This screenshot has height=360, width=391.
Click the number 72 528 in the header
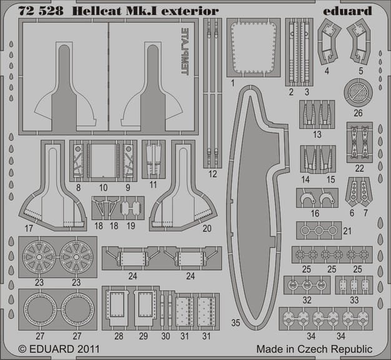35,11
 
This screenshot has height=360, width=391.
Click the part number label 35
235,323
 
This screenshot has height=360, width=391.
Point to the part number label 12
213,173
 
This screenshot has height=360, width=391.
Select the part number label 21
348,230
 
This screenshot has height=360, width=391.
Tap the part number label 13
318,134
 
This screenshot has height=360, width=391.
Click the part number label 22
359,167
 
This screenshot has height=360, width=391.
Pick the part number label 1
232,83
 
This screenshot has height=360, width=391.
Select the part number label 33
355,299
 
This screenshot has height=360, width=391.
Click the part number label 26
358,113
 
